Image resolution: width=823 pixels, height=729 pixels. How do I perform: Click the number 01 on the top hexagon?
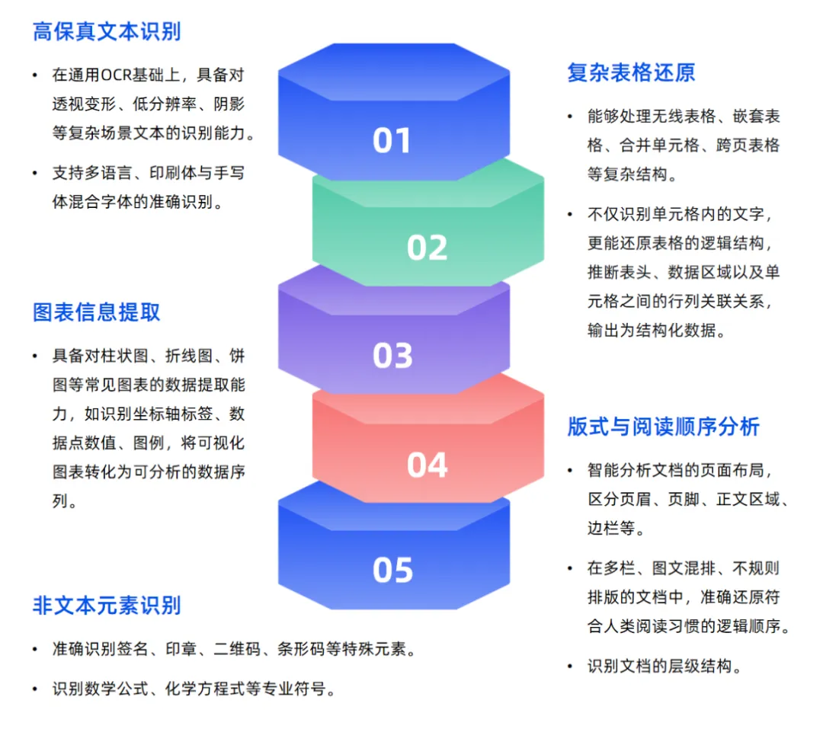pos(392,140)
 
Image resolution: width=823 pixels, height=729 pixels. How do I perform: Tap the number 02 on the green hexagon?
pos(427,248)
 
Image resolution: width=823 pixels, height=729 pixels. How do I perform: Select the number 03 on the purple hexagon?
pos(392,356)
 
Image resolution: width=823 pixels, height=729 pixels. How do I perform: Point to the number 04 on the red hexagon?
pos(427,465)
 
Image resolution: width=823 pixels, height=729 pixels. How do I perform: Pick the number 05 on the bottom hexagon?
pos(392,571)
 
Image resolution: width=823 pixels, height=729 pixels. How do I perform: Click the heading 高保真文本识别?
pos(107,32)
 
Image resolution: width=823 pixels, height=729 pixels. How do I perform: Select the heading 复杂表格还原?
pos(631,73)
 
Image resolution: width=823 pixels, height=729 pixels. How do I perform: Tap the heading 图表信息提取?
pos(97,312)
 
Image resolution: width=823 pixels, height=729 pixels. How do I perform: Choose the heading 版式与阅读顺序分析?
pos(663,427)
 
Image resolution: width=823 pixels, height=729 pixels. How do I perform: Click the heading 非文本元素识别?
pos(107,606)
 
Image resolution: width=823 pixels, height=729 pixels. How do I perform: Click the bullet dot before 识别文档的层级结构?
pos(569,667)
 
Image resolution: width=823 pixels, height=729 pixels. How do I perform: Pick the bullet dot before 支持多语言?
pos(34,174)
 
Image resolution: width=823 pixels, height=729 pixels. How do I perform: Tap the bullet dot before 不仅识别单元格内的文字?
pos(569,215)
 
